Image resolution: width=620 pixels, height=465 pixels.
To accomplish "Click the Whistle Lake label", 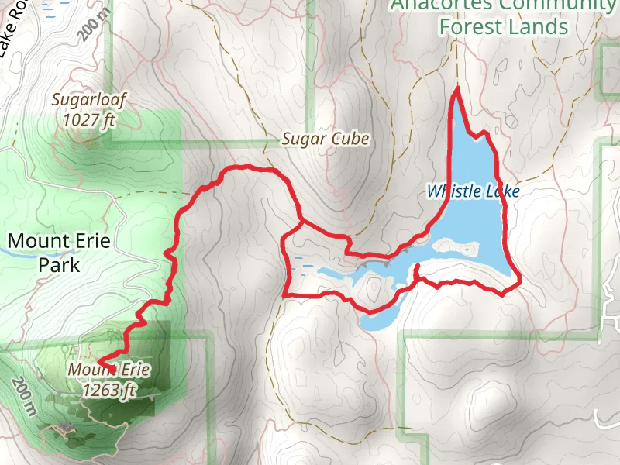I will (473, 191).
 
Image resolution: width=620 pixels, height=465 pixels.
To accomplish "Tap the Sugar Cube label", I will (325, 139).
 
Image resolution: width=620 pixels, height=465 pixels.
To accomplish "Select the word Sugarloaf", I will (88, 100).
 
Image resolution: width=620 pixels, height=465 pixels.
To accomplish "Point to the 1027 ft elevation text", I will (89, 120).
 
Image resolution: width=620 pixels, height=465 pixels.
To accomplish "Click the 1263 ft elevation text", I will (109, 390).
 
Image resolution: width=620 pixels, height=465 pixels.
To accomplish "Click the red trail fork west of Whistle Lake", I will (301, 221).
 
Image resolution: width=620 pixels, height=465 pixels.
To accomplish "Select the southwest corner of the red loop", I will (286, 295).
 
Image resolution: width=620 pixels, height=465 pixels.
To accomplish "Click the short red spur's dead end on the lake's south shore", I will (418, 266).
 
